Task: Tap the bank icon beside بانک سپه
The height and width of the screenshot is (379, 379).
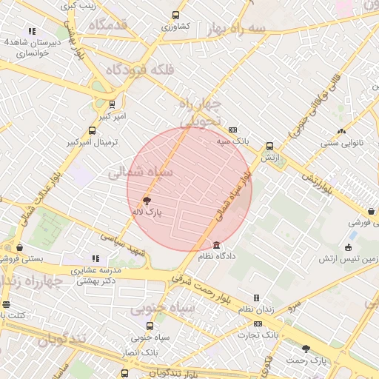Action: pos(232,128)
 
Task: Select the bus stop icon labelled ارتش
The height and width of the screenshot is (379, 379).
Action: pos(269,146)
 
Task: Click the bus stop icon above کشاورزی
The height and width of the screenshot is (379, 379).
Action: pos(175,15)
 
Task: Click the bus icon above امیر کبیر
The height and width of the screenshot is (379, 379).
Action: pos(112,104)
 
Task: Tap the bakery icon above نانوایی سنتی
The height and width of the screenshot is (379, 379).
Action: pos(341,131)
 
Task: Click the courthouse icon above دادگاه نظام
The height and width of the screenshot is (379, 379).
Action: pos(216,245)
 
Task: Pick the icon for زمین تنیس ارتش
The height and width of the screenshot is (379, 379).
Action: pos(348,247)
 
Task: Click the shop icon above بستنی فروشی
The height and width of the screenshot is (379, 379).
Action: pos(19,247)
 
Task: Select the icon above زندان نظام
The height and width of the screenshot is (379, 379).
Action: pos(256,298)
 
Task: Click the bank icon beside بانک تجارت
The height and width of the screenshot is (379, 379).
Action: pos(258,323)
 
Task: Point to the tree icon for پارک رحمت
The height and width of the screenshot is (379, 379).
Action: pos(306,348)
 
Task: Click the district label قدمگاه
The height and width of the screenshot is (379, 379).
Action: pos(108,25)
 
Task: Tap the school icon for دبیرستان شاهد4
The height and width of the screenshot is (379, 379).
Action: pos(31,31)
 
